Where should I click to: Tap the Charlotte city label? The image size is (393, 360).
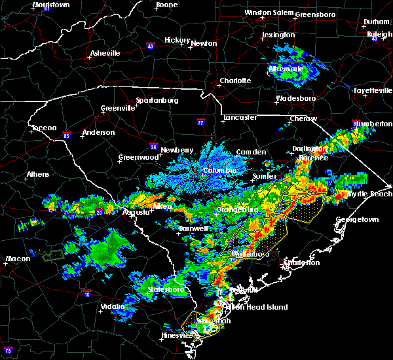pos(235,81)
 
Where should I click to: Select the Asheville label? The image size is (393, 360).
pos(105,53)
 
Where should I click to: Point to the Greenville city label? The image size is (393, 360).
pos(118,109)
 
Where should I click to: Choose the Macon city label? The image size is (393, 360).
pos(17,259)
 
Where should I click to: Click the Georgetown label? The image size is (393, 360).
pos(357,219)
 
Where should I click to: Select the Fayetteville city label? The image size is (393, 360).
pos(372,90)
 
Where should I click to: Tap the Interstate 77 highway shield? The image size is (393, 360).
pos(200,122)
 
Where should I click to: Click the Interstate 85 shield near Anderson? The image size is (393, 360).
pos(67,136)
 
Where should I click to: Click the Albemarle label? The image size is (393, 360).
pos(286,69)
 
